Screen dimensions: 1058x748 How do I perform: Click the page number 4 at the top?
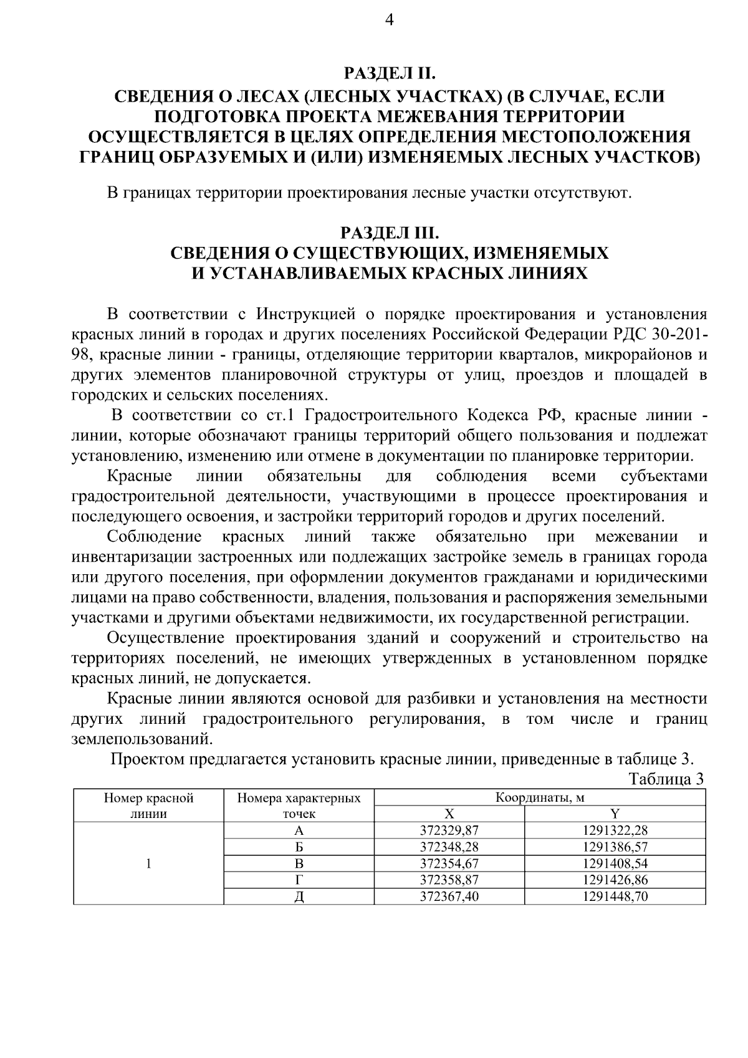pyautogui.click(x=390, y=20)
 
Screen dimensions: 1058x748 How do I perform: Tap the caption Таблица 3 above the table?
pyautogui.click(x=666, y=779)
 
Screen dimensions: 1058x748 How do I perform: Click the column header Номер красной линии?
pyautogui.click(x=148, y=805)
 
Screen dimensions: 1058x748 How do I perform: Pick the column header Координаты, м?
pyautogui.click(x=540, y=797)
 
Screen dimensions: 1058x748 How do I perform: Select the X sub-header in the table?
pyautogui.click(x=449, y=813)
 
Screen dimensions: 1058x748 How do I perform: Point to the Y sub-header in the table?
pyautogui.click(x=615, y=813)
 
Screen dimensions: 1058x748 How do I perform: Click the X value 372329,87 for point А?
pyautogui.click(x=449, y=830)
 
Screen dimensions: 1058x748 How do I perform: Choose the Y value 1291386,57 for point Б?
pyautogui.click(x=615, y=847)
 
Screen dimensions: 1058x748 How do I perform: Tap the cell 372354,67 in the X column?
pyautogui.click(x=449, y=863)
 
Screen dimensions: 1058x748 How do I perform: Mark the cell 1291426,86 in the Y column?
pyautogui.click(x=615, y=880)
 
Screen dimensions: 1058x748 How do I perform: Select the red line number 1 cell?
pyautogui.click(x=148, y=863)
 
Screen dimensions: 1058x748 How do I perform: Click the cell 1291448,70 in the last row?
pyautogui.click(x=615, y=897)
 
